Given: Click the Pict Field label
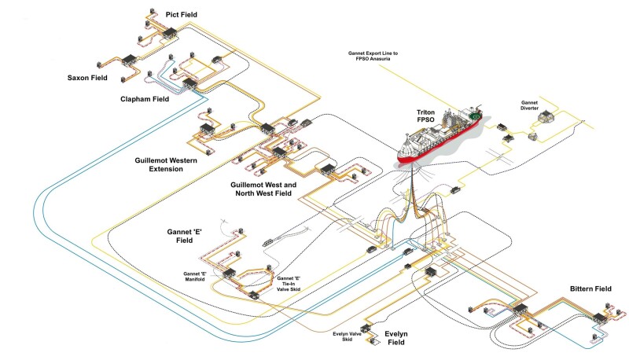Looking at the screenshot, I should tap(182, 15).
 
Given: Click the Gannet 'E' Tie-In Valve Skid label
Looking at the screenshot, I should tap(289, 285).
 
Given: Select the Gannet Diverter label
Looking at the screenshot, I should tap(535, 105).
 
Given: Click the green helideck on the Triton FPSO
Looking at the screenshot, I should tap(474, 117).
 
